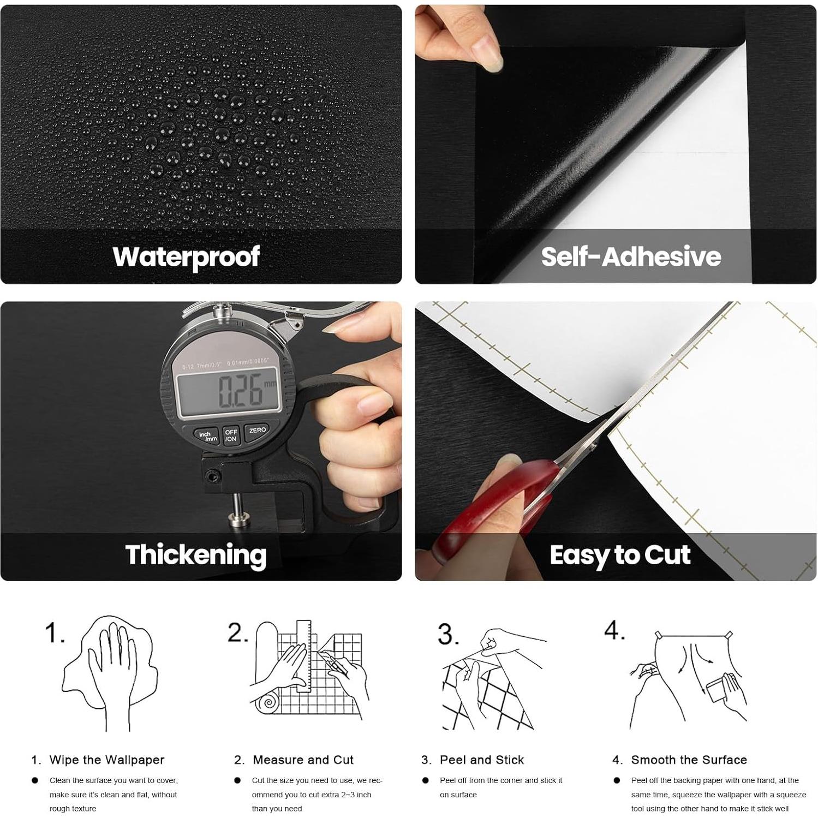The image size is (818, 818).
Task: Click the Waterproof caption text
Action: point(186,257)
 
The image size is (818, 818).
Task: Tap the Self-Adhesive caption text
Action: point(631,256)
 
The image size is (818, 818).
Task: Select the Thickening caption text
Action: point(196,554)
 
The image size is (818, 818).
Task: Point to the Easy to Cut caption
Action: point(620,555)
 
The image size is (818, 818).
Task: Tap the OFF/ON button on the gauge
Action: point(231,435)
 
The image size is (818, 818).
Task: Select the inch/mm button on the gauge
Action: point(207,436)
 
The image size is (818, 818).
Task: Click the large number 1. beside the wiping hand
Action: point(55,633)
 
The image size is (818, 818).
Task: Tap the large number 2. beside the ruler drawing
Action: point(238,632)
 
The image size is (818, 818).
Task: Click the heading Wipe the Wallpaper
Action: point(106,760)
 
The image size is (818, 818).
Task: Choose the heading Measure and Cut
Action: point(303,760)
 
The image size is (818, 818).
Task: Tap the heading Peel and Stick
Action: point(481,760)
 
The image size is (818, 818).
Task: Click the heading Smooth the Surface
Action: point(689,760)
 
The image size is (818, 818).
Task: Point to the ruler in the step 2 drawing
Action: point(303,655)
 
